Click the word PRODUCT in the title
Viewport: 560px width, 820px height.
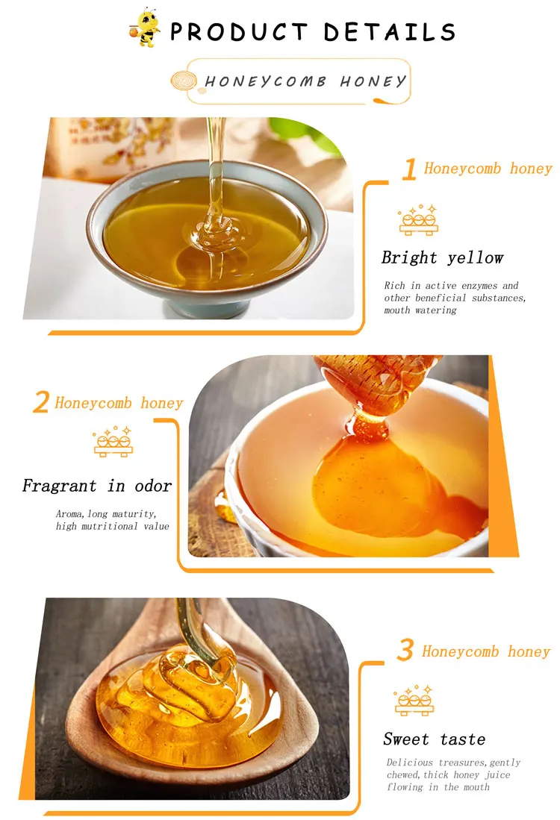(239, 32)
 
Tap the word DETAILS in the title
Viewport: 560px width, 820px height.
(389, 32)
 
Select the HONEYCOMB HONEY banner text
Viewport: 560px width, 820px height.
(305, 81)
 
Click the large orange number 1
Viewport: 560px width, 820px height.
(409, 169)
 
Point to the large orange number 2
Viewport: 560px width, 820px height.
(41, 402)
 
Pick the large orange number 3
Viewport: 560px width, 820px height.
(405, 650)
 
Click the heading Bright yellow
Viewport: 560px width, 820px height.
(442, 257)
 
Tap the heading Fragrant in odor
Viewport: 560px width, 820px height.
(97, 486)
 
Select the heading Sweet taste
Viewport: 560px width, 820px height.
(434, 739)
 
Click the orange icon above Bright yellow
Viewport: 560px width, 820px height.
(418, 220)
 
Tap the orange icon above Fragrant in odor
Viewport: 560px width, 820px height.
(113, 442)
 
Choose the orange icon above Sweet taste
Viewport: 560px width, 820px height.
(414, 700)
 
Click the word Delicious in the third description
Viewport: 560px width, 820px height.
(410, 763)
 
